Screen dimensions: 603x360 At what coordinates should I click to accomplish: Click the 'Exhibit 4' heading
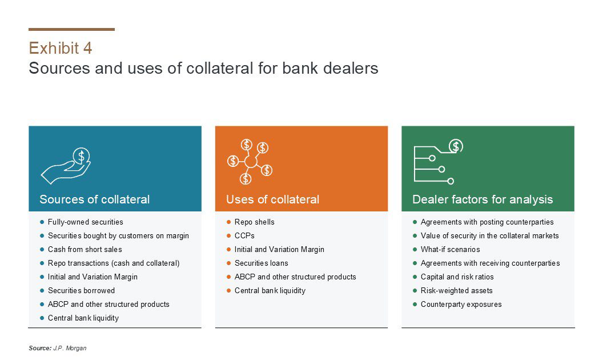(x=61, y=48)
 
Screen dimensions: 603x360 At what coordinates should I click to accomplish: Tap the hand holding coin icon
(x=66, y=166)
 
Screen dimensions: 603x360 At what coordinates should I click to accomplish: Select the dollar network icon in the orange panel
(x=250, y=162)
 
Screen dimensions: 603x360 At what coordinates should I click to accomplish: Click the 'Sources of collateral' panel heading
(x=95, y=199)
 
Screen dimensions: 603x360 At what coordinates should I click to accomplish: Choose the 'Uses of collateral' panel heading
(x=272, y=199)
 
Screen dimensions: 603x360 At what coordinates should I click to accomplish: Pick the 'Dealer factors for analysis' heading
(x=483, y=199)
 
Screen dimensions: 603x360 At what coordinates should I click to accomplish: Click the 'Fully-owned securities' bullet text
(x=86, y=222)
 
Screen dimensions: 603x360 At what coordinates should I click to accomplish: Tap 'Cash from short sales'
(x=85, y=250)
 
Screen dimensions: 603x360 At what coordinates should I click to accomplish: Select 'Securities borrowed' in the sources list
(x=81, y=291)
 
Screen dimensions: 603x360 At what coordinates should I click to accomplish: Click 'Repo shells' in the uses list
(x=255, y=222)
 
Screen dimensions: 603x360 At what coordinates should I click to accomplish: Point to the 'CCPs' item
(x=244, y=235)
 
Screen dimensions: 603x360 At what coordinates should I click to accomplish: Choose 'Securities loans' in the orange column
(x=261, y=263)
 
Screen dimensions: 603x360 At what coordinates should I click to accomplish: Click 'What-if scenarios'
(x=451, y=250)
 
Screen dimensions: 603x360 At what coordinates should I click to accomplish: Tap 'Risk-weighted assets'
(x=456, y=291)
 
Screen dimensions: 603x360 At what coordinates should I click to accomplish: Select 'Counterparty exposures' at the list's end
(x=461, y=305)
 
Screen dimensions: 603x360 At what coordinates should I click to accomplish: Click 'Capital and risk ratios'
(x=457, y=277)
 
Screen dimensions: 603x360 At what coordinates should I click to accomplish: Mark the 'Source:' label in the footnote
(x=40, y=348)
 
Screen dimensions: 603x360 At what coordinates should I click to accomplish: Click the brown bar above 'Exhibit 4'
(x=71, y=29)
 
